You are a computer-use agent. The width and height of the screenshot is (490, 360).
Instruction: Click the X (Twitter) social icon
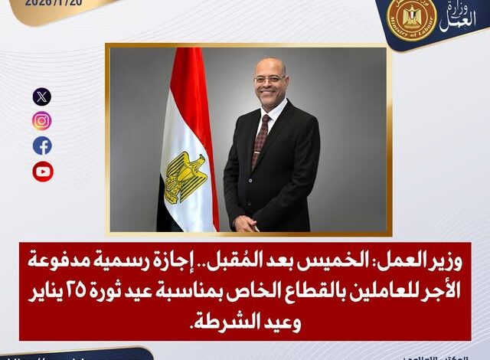(x=42, y=97)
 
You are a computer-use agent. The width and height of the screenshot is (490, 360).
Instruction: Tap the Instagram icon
(x=42, y=121)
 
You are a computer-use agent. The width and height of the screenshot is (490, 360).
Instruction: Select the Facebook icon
(x=42, y=146)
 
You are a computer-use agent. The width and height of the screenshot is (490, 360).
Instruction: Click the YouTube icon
(x=42, y=171)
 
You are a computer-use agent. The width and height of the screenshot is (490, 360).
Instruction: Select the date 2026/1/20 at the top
(x=49, y=2)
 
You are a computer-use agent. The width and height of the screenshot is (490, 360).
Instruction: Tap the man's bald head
(x=264, y=65)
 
